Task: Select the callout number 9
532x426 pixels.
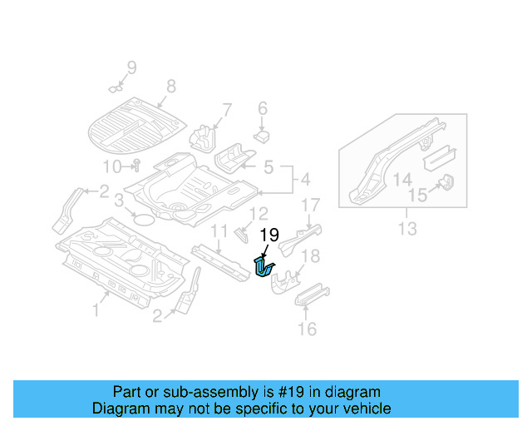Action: (x=131, y=67)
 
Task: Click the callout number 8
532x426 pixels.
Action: (x=170, y=86)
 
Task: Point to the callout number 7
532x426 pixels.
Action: (x=226, y=110)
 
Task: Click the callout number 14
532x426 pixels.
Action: (x=402, y=180)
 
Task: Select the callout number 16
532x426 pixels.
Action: (x=307, y=329)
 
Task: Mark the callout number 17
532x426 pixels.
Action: (x=310, y=205)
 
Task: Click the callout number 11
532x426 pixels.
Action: (x=219, y=230)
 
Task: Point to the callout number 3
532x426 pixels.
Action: (x=119, y=200)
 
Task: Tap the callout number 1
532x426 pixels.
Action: (x=96, y=310)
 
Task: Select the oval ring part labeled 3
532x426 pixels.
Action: (x=144, y=220)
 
